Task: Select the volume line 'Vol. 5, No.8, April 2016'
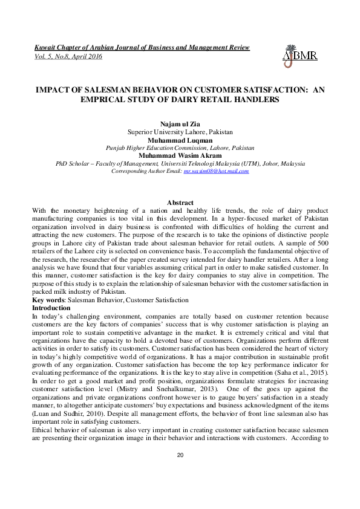[67, 56]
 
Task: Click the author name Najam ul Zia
[180, 124]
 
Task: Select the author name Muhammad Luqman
[180, 140]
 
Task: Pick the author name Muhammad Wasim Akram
[180, 155]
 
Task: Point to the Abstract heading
[180, 203]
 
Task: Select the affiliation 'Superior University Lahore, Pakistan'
[180, 132]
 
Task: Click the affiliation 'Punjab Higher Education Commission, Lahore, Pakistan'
[180, 148]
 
